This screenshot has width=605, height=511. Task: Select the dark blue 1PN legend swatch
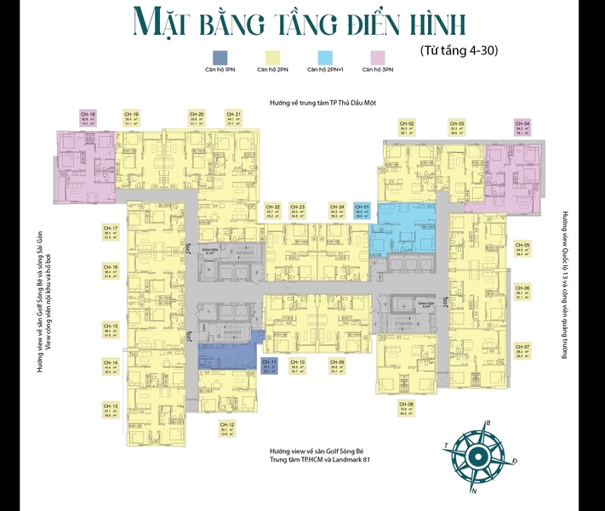(220, 57)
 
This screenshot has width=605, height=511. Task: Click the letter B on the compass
(488, 423)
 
